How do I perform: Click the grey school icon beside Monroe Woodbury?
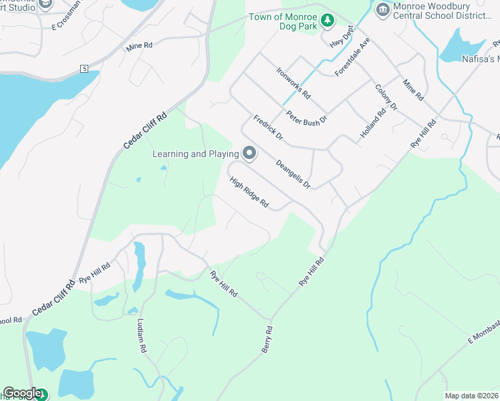(382, 8)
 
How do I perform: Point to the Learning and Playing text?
(196, 154)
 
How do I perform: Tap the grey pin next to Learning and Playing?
(249, 154)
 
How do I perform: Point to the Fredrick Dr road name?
(269, 128)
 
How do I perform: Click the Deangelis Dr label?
(293, 172)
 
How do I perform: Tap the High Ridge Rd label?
(249, 192)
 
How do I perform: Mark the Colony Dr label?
(386, 98)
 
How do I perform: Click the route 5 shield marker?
(84, 69)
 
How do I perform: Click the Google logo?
(22, 393)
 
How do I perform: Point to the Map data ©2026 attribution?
(471, 396)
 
